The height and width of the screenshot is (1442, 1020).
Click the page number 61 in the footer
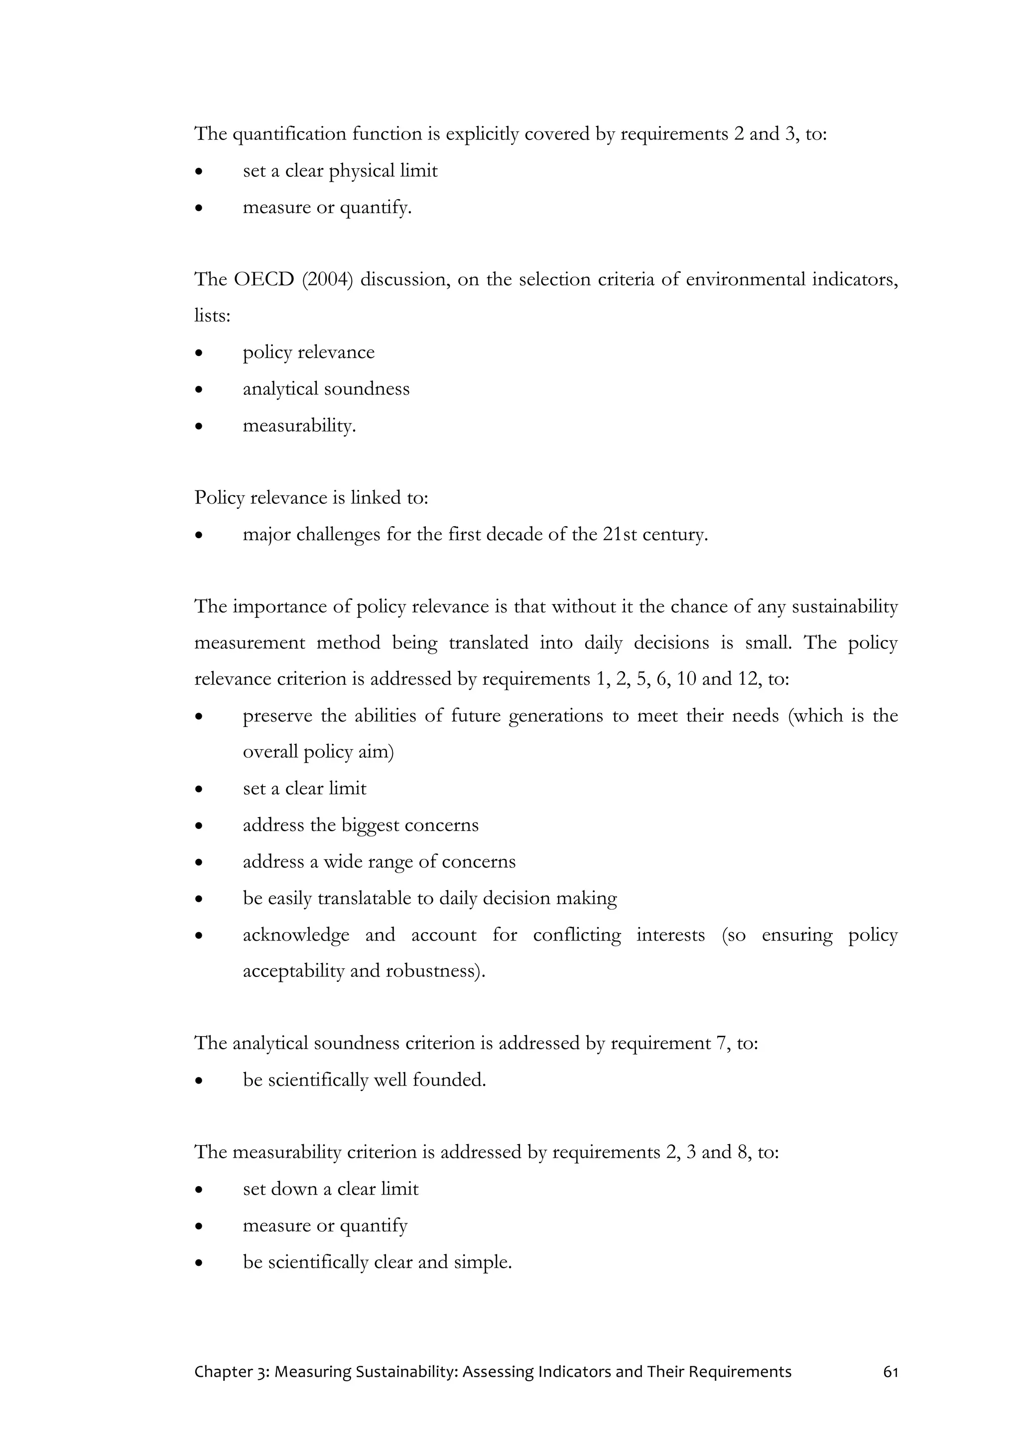point(890,1372)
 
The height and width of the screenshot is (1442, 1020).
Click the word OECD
point(264,279)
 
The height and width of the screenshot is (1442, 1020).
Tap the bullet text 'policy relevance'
point(308,353)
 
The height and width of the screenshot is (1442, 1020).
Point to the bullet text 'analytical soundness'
point(326,389)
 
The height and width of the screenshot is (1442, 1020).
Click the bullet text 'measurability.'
point(299,425)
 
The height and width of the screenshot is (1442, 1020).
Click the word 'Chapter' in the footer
point(223,1372)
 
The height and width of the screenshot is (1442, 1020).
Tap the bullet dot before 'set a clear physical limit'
point(199,171)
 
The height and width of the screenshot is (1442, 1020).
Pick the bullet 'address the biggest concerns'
point(361,825)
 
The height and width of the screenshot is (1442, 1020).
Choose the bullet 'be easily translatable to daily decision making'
point(430,898)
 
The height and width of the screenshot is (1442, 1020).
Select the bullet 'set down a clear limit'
point(330,1189)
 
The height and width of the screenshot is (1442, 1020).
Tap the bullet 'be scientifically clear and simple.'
point(377,1262)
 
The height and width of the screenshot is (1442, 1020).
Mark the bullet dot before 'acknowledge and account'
point(199,936)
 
